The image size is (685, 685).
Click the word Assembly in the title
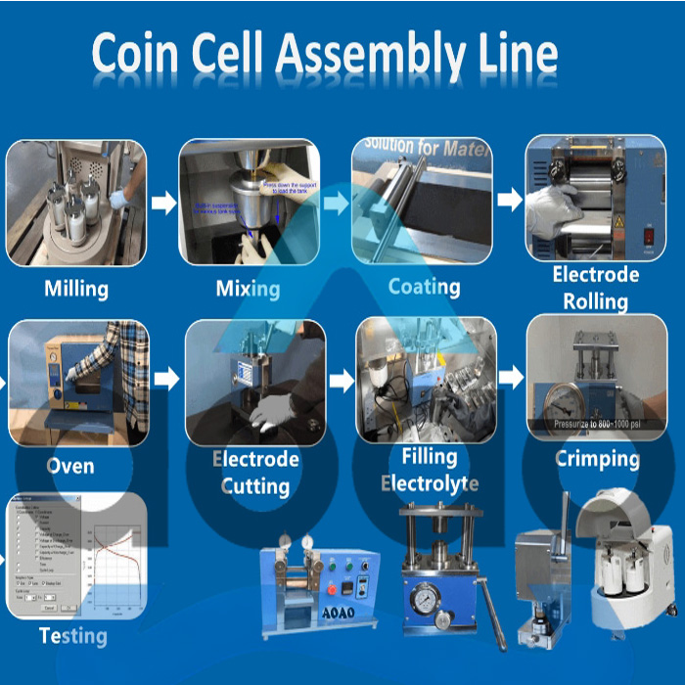coord(367,57)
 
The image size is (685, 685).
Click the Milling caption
coord(76,289)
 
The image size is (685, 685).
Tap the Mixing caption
coord(248,289)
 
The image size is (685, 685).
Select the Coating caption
coord(424,287)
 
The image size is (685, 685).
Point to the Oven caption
coord(70,465)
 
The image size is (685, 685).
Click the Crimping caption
coord(597,458)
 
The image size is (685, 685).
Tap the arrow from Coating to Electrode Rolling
coord(509,201)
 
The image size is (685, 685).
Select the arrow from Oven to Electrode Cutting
coord(166,379)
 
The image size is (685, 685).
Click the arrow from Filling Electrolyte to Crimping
coord(511,376)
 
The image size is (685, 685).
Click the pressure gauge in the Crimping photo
coord(560,397)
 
